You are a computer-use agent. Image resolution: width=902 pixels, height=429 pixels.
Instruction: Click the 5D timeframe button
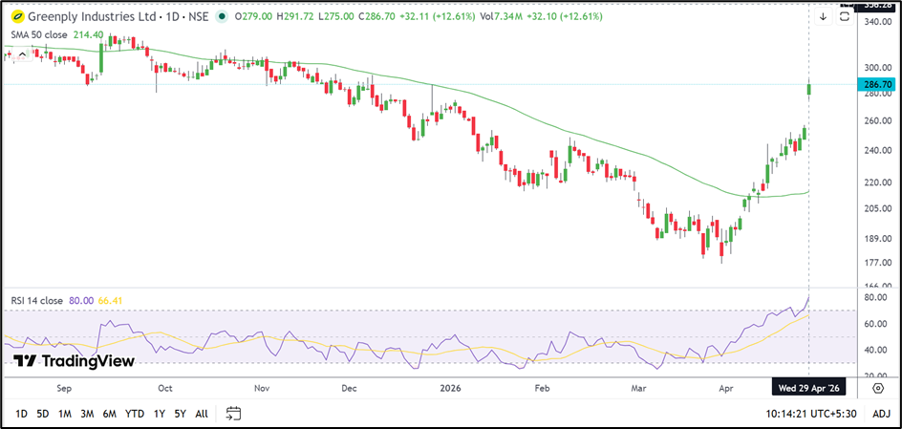43,414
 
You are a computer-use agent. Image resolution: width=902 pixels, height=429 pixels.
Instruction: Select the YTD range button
135,414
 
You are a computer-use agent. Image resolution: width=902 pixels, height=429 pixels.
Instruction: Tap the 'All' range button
201,414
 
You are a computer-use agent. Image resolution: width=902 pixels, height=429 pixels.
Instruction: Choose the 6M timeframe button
109,414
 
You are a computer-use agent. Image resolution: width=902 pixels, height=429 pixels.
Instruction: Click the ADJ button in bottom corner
881,414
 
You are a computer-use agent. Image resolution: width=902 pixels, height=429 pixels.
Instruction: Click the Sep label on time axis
64,389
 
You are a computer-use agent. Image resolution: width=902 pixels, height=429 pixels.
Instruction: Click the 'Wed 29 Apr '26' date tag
808,389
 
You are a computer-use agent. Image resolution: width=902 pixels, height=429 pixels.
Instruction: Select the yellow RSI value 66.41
115,301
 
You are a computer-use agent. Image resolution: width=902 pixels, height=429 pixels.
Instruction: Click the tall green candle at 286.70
809,89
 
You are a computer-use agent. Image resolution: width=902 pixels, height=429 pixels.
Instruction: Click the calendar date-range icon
233,414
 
